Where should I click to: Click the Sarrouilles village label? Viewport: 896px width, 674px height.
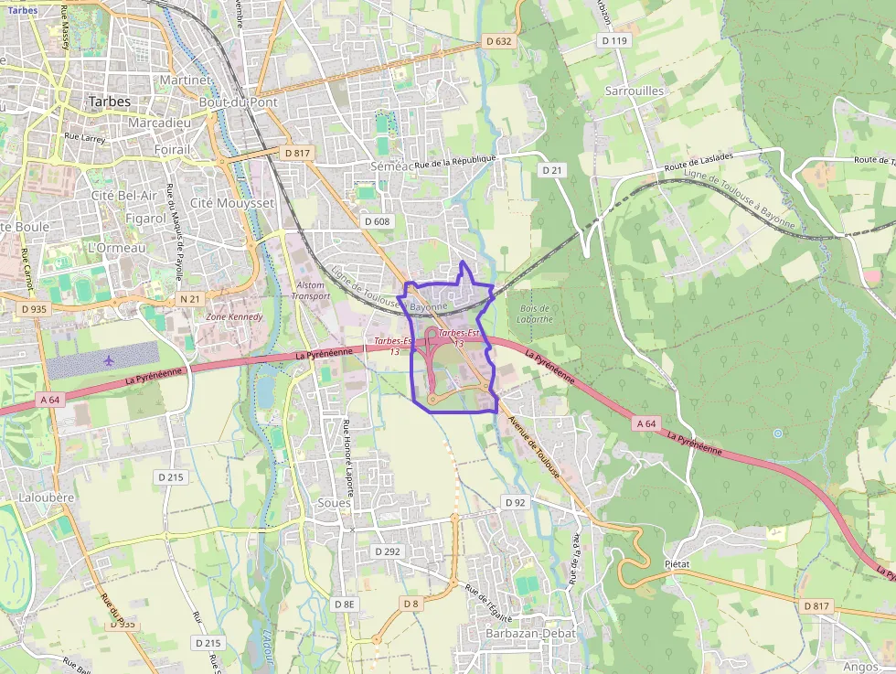[635, 91]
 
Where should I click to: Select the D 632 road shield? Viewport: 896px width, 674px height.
[498, 41]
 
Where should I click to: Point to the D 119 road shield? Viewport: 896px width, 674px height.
[614, 41]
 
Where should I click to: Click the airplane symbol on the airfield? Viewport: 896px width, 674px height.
[110, 360]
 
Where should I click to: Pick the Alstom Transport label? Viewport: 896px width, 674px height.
[311, 291]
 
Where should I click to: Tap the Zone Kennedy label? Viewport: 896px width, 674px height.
[235, 317]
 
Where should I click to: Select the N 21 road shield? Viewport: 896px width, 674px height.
[189, 299]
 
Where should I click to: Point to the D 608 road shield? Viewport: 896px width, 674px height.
[377, 221]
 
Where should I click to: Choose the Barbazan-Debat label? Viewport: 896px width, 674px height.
[531, 634]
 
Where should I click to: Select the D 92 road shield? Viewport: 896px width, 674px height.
[516, 503]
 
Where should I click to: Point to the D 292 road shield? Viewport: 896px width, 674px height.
[388, 551]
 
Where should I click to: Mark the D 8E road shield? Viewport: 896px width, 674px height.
[344, 604]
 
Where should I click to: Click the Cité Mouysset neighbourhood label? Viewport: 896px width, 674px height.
[232, 202]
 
